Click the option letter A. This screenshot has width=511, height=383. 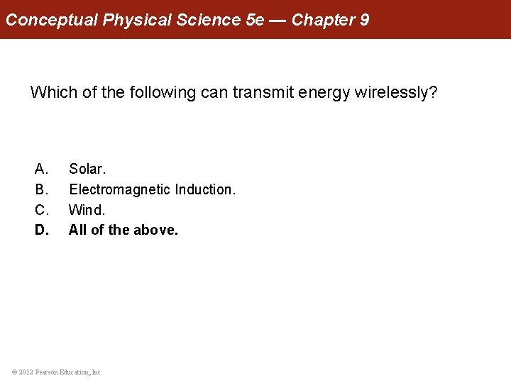[41, 170]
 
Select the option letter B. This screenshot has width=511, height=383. [41, 189]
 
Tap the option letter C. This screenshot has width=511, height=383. [41, 210]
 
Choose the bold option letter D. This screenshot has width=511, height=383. [42, 230]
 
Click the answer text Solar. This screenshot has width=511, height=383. [87, 170]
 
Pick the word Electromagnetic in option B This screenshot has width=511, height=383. [119, 189]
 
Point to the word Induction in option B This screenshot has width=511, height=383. [205, 189]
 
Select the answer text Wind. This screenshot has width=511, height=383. [87, 210]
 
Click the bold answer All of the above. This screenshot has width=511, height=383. [123, 230]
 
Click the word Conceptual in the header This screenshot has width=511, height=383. [51, 19]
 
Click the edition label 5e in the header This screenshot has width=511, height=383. [254, 19]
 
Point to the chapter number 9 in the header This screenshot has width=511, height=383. [364, 19]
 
